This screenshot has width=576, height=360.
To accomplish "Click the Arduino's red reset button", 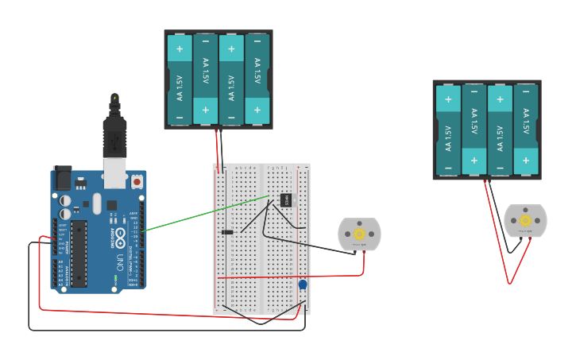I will point(137,182).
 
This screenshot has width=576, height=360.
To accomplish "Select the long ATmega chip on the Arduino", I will point(79,253).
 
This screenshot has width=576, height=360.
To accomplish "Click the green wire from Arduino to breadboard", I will point(207,213).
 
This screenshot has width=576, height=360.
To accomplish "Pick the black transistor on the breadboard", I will point(286,199).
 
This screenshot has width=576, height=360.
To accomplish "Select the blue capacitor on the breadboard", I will point(303,285).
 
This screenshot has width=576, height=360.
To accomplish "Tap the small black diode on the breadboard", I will point(227,232).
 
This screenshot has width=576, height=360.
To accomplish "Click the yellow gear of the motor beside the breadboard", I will point(359,234).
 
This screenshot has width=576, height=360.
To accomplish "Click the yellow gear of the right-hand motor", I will point(525,220).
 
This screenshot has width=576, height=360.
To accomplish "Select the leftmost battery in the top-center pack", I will point(180,79).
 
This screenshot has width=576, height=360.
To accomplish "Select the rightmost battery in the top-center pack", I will point(257,79).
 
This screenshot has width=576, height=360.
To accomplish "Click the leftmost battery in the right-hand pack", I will point(448,130).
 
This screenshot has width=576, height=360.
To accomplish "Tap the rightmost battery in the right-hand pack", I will point(526,130).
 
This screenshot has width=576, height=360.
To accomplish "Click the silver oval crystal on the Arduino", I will point(97,203).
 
